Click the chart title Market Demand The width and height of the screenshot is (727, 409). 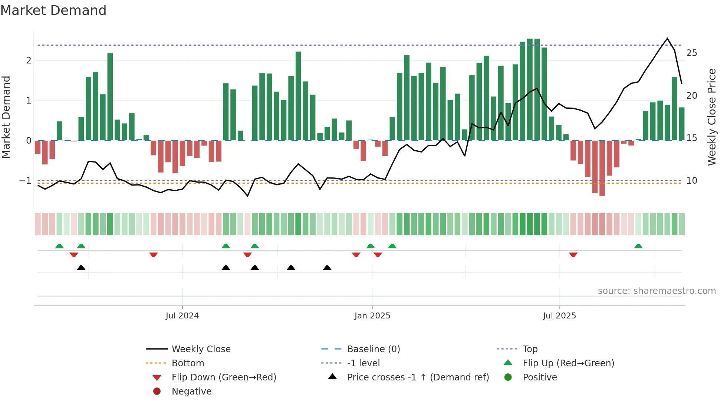tap(53, 10)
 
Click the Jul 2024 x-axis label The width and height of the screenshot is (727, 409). tap(182, 316)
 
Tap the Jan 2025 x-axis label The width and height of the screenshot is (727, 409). tap(372, 316)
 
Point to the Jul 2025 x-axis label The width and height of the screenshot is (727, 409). tap(559, 316)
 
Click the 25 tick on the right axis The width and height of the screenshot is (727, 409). tap(691, 53)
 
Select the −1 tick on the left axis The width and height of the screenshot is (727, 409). tap(25, 181)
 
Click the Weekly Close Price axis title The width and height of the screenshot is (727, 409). tap(711, 117)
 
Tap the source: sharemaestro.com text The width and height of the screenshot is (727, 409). tap(657, 291)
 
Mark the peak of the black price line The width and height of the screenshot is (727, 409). tap(667, 39)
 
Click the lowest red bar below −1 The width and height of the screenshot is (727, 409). tap(602, 186)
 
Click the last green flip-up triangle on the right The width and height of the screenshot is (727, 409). tap(638, 246)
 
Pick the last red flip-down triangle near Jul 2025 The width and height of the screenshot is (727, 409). tap(573, 255)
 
